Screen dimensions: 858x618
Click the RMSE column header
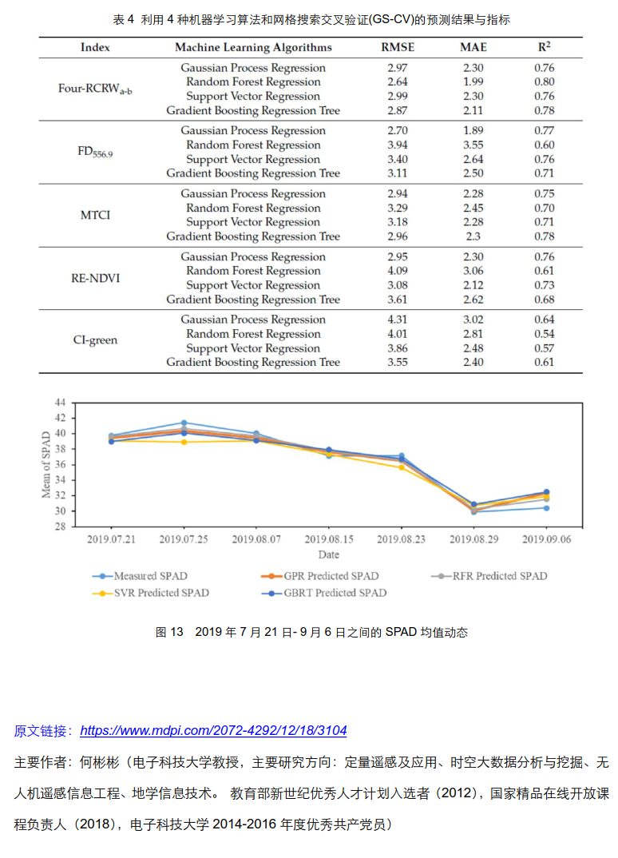pos(398,47)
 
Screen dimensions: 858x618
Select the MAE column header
pos(473,47)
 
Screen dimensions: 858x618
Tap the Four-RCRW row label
pos(95,89)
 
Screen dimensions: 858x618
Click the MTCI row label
pos(96,215)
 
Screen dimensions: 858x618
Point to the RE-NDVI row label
pos(95,278)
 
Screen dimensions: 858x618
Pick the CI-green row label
pos(95,340)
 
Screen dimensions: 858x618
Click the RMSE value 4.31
pos(398,320)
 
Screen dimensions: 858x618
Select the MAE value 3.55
pos(473,145)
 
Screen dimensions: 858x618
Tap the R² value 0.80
pos(545,81)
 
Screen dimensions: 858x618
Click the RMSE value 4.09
pos(398,271)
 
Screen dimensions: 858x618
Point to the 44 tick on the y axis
pos(61,403)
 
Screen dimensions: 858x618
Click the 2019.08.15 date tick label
pos(328,539)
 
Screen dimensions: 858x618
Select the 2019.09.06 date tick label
pos(546,539)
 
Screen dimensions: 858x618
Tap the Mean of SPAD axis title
pos(46,464)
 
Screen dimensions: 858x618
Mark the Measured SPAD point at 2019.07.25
pos(184,423)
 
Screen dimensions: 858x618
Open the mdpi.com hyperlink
pos(213,730)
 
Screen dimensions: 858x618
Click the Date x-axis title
pos(328,554)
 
